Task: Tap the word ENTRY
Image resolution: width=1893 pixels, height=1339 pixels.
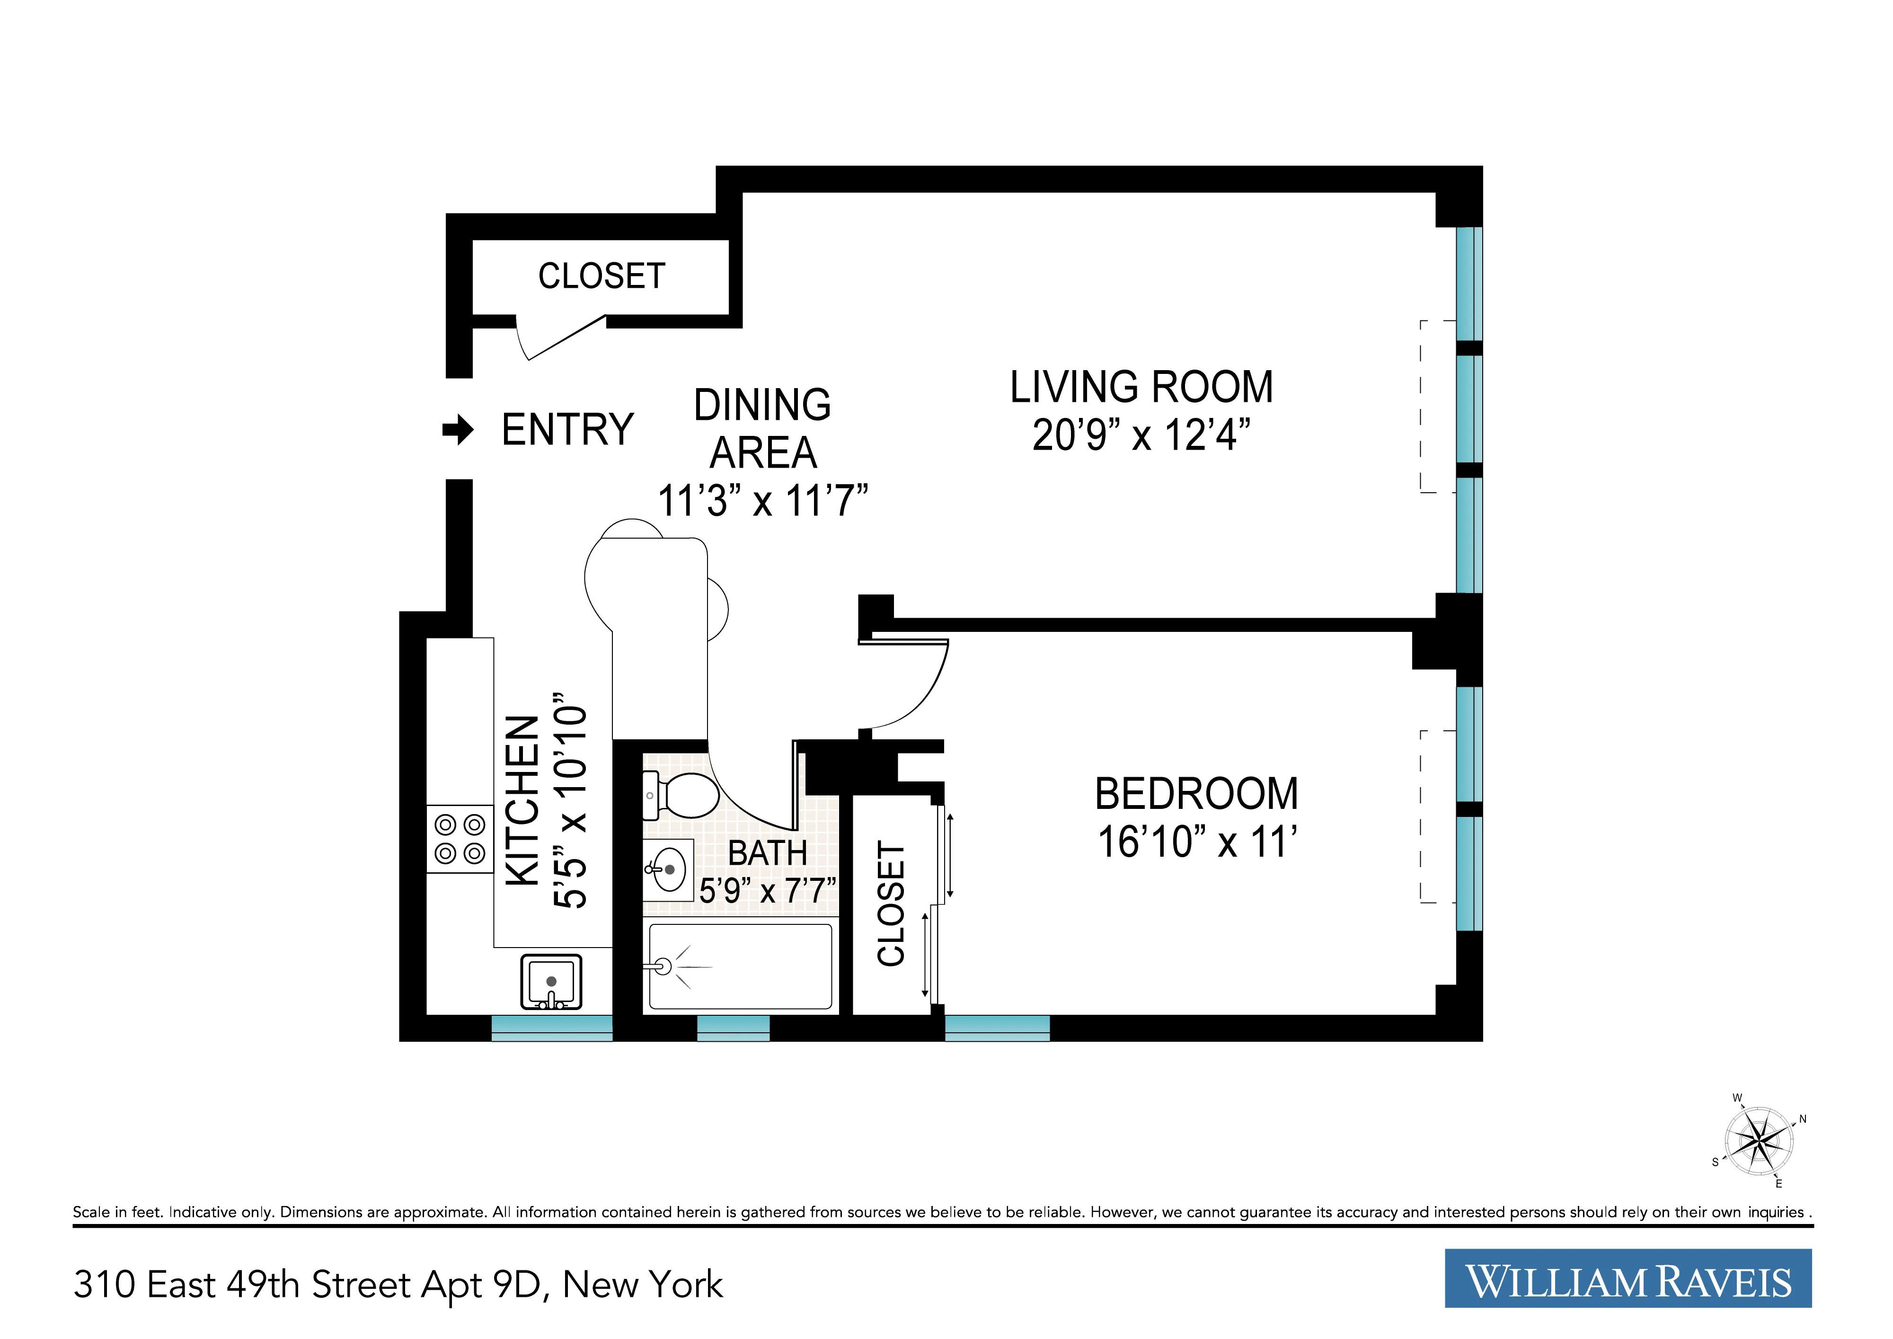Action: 567,430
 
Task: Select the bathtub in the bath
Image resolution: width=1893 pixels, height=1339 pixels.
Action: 740,967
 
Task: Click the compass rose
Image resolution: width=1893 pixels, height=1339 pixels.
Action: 1759,1142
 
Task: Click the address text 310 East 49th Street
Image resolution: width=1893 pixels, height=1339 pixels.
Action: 398,1285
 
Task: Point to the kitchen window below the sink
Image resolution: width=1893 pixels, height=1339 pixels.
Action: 552,1028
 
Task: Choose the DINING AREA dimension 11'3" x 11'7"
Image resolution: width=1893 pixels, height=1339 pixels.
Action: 762,500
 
